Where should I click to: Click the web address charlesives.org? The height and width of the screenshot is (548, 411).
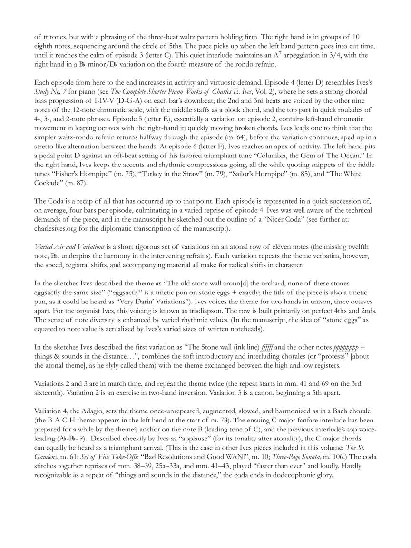(x=58, y=228)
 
